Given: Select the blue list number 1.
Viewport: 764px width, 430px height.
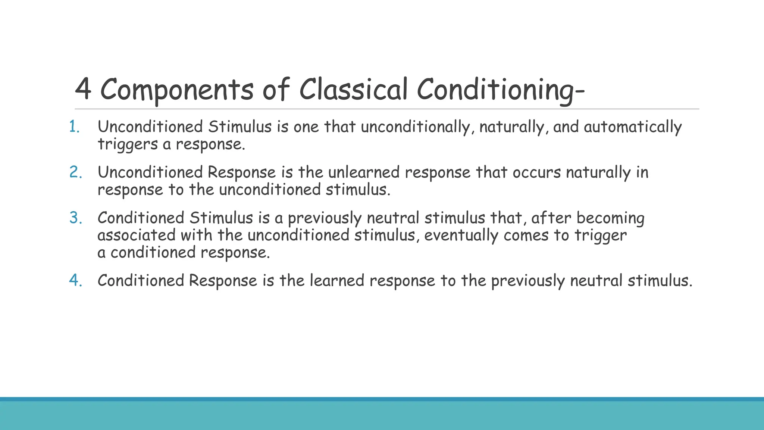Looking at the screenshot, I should [x=75, y=127].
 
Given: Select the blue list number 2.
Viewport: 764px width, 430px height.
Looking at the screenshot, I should [x=76, y=172].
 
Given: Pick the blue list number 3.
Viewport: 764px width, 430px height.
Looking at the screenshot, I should [x=76, y=218].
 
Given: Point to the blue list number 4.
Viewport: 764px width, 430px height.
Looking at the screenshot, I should [x=76, y=280].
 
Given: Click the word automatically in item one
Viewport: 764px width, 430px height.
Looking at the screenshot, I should [x=633, y=127].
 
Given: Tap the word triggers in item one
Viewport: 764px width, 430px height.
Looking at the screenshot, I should [x=128, y=144].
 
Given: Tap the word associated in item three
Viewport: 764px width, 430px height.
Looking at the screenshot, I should [x=136, y=235].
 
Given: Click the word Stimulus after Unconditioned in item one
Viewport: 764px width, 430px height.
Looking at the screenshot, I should [x=240, y=127].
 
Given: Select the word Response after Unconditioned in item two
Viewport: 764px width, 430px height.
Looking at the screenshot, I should [x=241, y=172].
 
